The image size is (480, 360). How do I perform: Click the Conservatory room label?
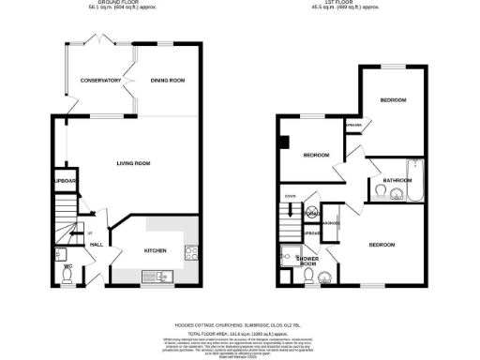click(x=100, y=81)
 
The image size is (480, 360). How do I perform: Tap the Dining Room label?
click(x=168, y=81)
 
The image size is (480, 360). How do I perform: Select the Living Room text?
click(x=133, y=163)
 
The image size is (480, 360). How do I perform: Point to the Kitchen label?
click(x=154, y=251)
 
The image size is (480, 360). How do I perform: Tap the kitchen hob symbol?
click(x=190, y=250)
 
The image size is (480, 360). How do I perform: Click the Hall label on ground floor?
click(x=96, y=245)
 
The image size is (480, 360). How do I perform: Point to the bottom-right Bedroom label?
click(x=382, y=245)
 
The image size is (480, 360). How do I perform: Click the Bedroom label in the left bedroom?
click(x=314, y=155)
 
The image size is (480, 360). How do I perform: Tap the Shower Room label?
click(x=307, y=261)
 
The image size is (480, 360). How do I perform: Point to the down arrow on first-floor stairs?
click(x=291, y=210)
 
